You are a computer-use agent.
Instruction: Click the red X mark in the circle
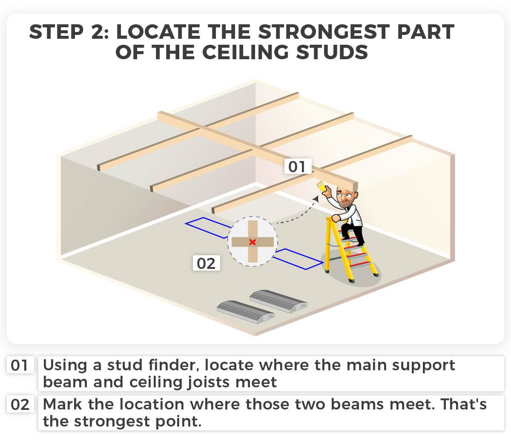coord(253,242)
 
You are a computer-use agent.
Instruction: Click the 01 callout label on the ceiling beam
coord(298,166)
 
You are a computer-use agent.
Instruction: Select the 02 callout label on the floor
coord(206,263)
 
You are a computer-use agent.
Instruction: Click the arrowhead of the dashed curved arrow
coord(316,199)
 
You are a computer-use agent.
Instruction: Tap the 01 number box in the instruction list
coord(20,365)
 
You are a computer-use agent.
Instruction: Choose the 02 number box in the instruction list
coord(20,404)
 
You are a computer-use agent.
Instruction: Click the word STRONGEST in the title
coord(324,32)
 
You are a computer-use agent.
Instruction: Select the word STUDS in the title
coord(332,52)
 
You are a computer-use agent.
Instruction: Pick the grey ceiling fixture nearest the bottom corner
coord(246,312)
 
